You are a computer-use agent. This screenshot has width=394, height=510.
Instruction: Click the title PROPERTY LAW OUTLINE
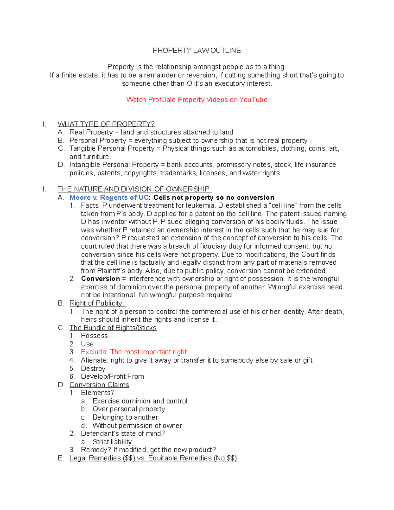point(197,50)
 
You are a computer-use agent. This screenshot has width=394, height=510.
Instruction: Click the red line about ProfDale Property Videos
point(197,100)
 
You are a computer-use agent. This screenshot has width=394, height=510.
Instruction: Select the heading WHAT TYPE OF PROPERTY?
point(106,124)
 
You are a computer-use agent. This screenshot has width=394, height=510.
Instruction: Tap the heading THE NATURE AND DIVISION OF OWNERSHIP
point(134,189)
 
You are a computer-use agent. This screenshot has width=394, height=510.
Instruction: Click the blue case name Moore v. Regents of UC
point(109,197)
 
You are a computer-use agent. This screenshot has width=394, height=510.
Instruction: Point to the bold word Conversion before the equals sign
point(100,279)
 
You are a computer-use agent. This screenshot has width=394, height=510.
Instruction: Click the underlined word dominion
point(131,287)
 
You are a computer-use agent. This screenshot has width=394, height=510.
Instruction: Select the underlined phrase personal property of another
point(220,287)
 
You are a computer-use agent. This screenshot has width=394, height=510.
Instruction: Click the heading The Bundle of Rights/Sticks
point(113,328)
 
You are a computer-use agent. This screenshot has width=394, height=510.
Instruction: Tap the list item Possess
point(94,336)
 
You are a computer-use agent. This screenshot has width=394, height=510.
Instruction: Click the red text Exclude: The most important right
point(135,352)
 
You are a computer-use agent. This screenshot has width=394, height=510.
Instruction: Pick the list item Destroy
point(93,368)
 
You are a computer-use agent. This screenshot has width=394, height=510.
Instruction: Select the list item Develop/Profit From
point(112,376)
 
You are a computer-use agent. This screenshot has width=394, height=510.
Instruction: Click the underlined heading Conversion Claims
point(99,385)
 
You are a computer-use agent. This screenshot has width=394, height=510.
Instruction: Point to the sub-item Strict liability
point(112,442)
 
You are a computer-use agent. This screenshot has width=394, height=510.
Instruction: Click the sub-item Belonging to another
point(125,417)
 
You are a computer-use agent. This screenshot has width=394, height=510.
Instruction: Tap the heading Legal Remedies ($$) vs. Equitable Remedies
point(153,458)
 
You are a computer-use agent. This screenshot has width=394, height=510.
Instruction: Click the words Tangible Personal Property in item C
point(112,148)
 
